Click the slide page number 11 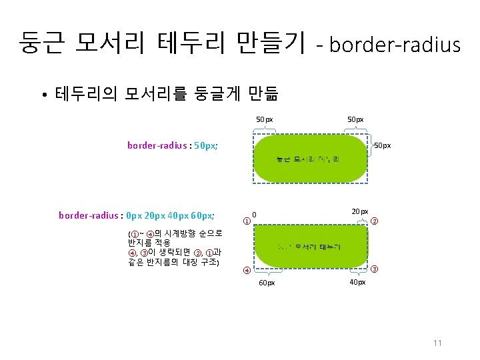437,343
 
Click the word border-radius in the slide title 395,45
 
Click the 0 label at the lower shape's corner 254,214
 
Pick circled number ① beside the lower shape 247,221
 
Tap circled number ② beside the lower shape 375,221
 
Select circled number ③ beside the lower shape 375,269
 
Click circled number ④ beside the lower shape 247,271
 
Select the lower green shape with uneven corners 311,246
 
